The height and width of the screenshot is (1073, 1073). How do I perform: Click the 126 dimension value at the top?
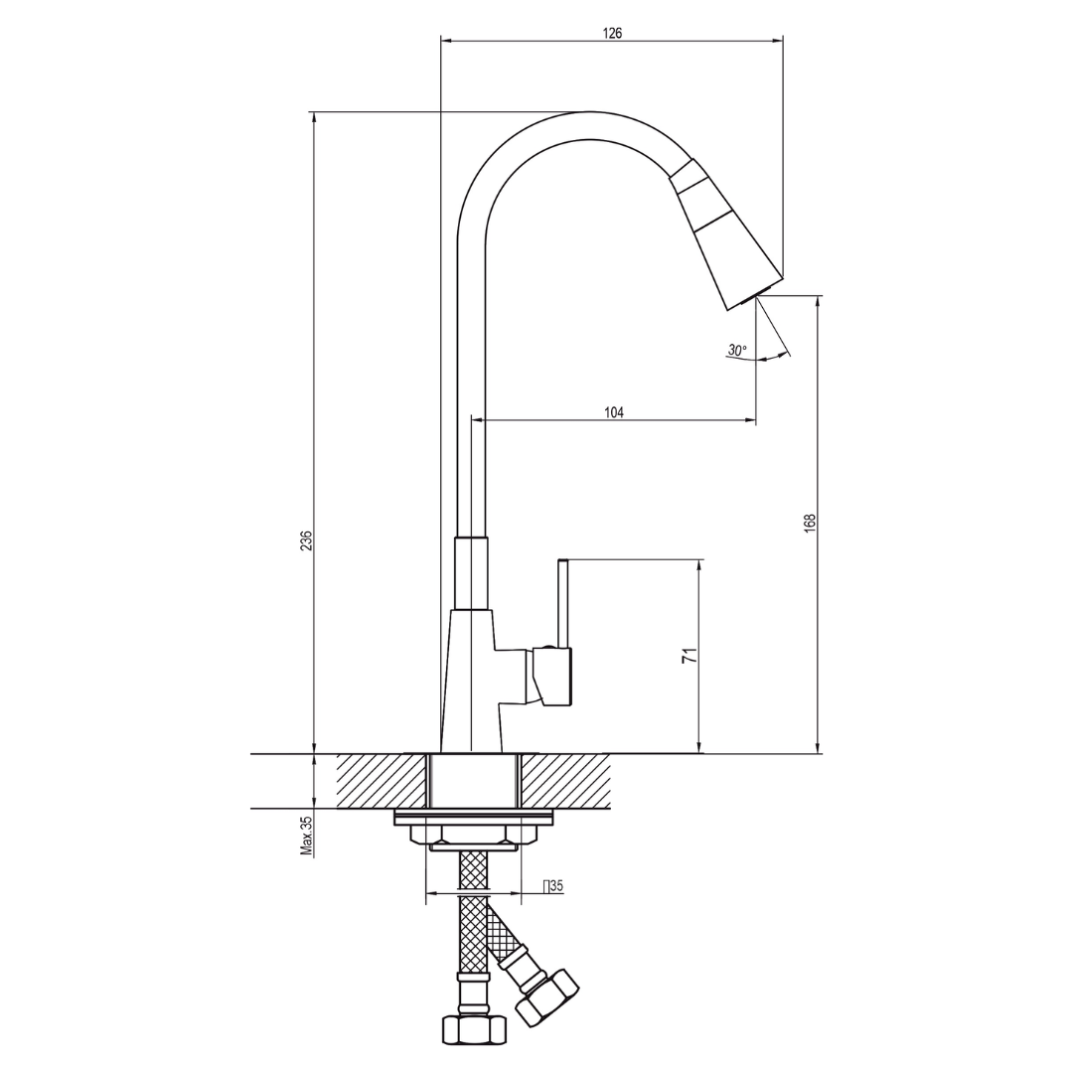click(612, 33)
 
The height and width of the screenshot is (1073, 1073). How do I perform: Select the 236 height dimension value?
click(307, 539)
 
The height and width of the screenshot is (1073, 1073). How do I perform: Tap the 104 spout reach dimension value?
click(614, 412)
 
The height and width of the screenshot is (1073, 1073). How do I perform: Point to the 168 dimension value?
click(811, 523)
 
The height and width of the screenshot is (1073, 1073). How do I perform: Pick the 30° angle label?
click(737, 350)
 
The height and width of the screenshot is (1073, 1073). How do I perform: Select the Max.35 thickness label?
click(306, 836)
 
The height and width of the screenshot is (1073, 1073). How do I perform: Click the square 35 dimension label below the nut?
click(553, 886)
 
